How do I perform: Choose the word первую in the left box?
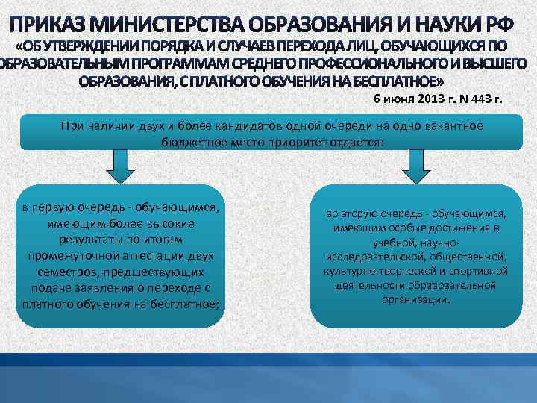52,208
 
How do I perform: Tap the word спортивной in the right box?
482,270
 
